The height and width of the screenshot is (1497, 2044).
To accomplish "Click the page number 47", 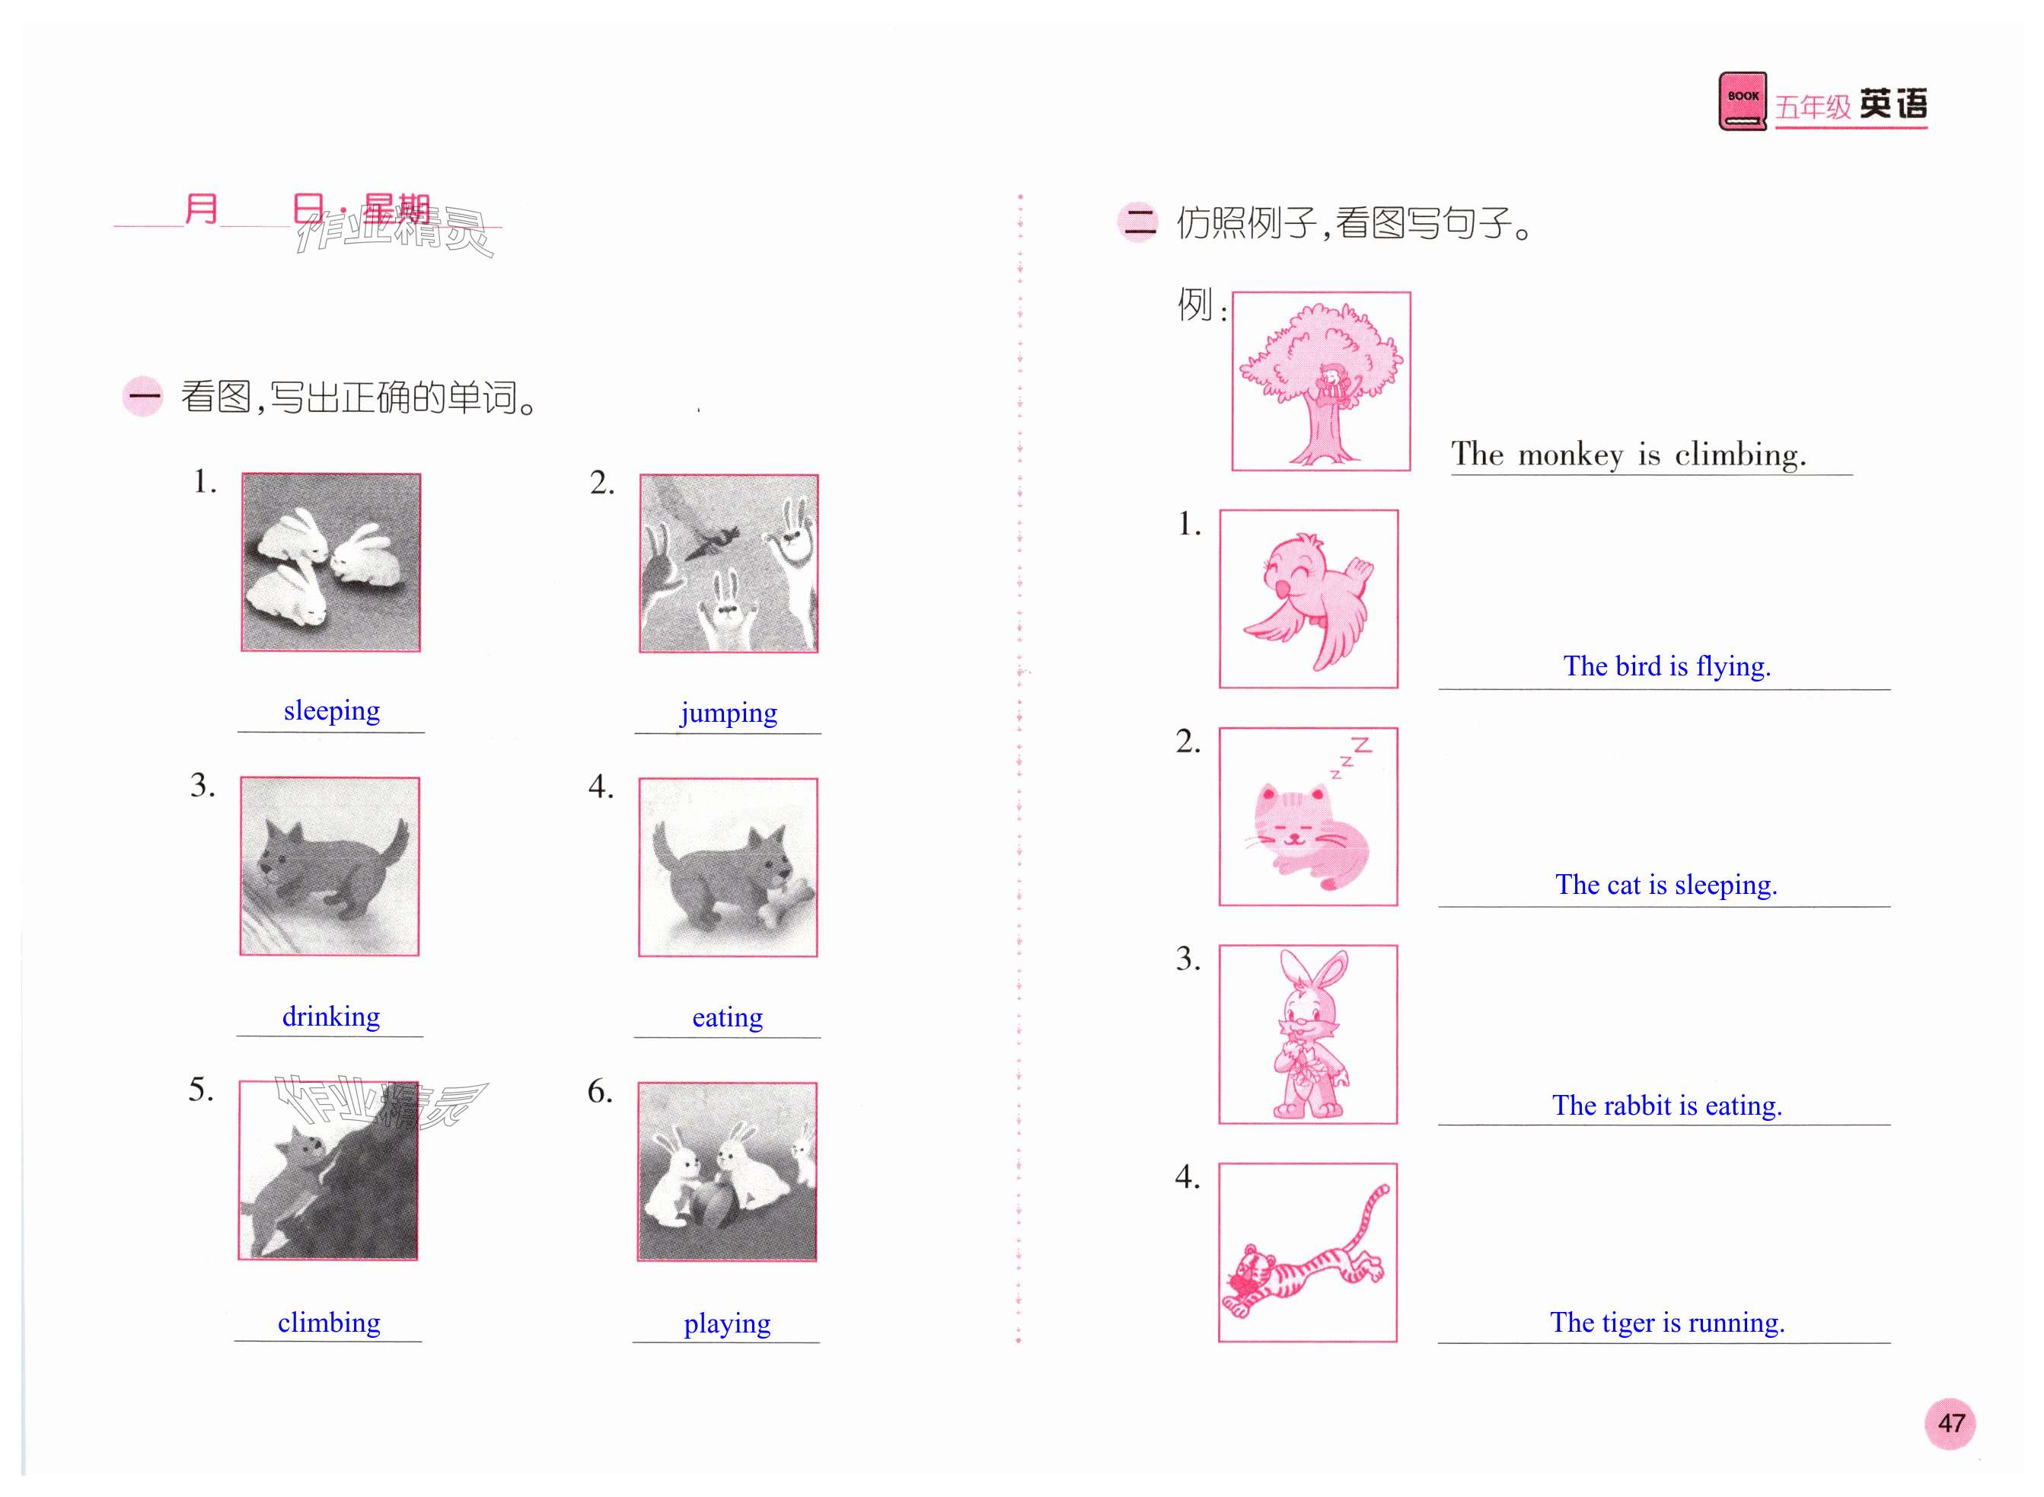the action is pyautogui.click(x=1950, y=1422).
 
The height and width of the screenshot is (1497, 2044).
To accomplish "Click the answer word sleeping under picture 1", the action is pyautogui.click(x=332, y=711).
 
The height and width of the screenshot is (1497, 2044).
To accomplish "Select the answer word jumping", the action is pyautogui.click(x=729, y=713).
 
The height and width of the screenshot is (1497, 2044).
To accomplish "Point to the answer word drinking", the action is pyautogui.click(x=330, y=1016).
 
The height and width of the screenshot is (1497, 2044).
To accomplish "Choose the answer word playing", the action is pyautogui.click(x=727, y=1324).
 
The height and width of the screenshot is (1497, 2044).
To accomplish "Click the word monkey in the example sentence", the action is pyautogui.click(x=1570, y=455).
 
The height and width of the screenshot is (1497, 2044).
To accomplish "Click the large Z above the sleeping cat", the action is pyautogui.click(x=1361, y=745).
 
